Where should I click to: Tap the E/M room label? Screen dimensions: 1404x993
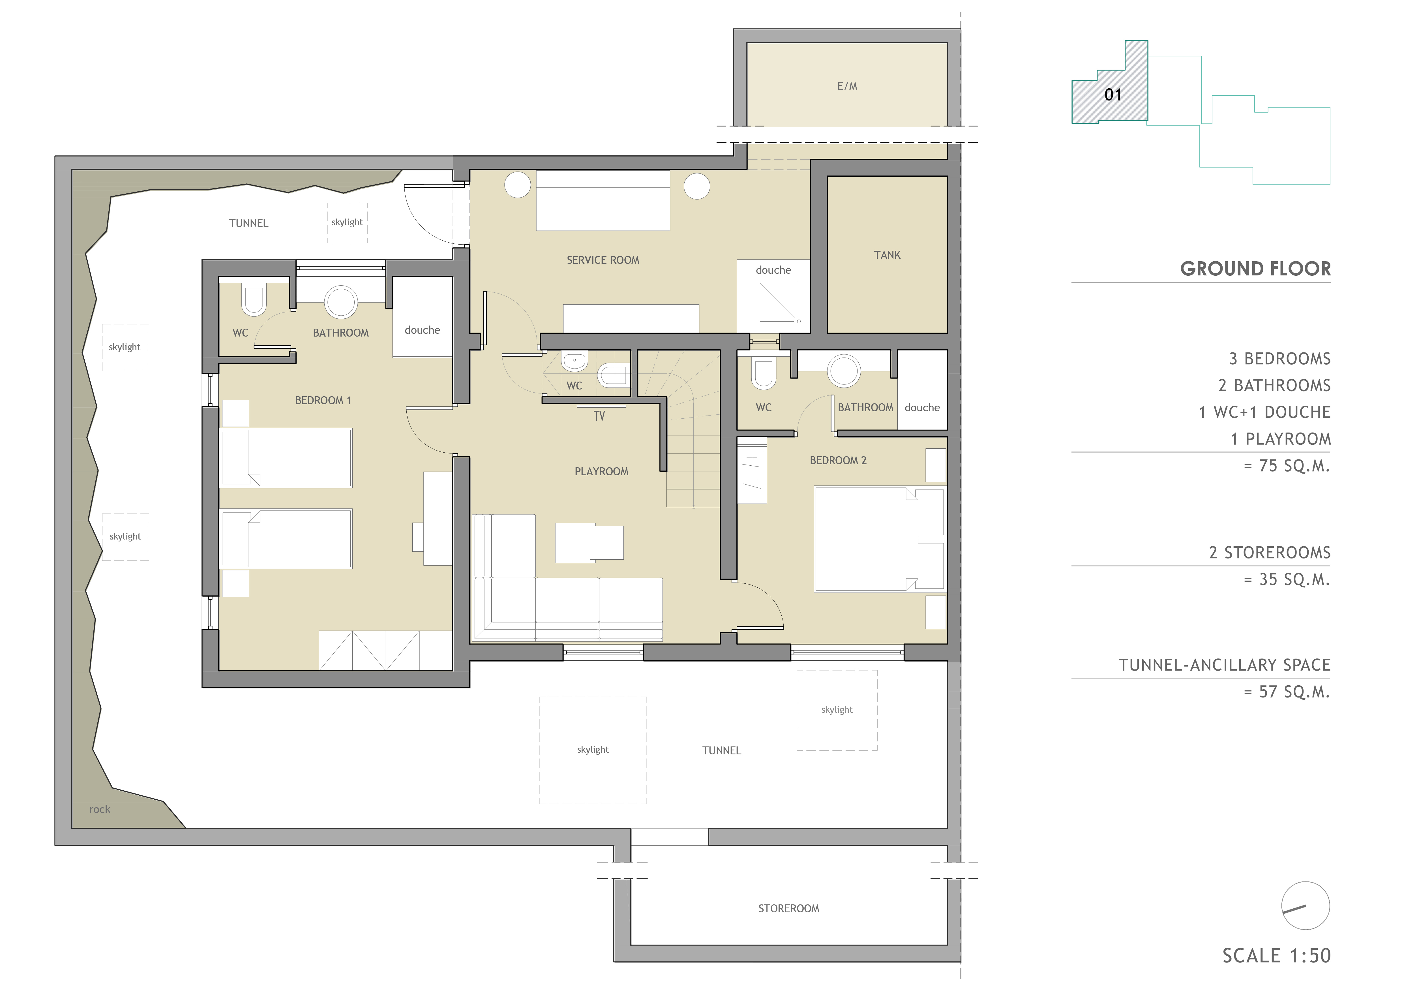coord(847,86)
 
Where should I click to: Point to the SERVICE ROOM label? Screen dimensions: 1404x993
coord(603,260)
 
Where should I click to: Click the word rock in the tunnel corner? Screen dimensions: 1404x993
coord(100,809)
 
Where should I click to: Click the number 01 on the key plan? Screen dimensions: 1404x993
coord(1113,95)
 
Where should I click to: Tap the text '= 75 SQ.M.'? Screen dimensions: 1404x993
coord(1287,466)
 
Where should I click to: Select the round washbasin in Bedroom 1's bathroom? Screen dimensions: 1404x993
coord(341,302)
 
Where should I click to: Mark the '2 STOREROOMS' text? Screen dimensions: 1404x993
coord(1270,553)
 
